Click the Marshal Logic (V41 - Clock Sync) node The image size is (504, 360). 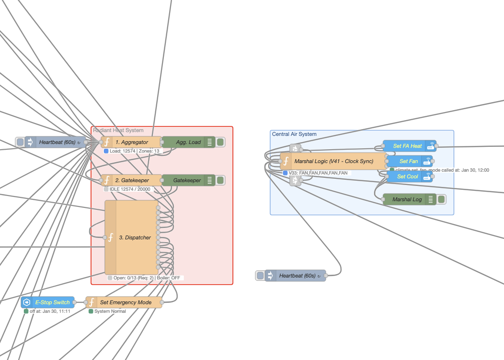[x=333, y=161]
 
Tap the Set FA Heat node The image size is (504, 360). [x=407, y=146]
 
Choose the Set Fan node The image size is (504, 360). [x=408, y=161]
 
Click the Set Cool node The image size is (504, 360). [x=407, y=176]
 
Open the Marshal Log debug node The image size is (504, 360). [x=407, y=199]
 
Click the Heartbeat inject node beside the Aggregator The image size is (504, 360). [x=55, y=142]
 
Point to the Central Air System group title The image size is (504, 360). [x=294, y=134]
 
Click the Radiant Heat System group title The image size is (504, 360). [x=118, y=130]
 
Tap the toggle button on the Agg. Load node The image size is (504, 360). [x=221, y=142]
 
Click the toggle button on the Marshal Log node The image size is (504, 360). [x=442, y=199]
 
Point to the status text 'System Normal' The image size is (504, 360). [x=110, y=311]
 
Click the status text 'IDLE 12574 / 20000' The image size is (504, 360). [x=130, y=189]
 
